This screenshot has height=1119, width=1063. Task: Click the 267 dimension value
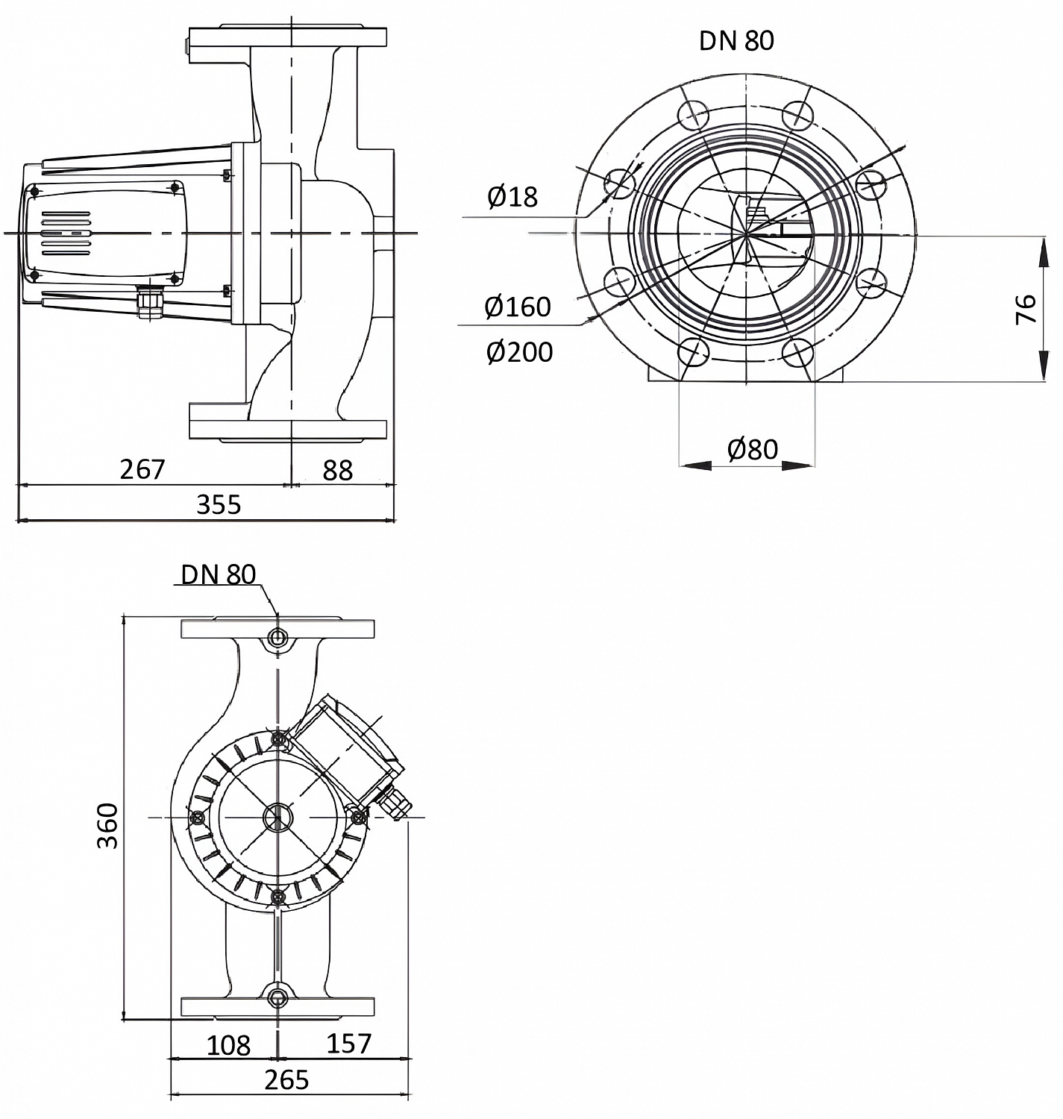142,469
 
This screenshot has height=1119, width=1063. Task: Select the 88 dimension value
337,470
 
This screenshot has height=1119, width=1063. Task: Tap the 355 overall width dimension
219,505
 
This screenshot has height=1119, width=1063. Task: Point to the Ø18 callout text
512,197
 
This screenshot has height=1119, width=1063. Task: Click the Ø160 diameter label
518,307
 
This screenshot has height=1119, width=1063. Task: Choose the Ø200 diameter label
519,352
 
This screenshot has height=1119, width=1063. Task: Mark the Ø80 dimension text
752,449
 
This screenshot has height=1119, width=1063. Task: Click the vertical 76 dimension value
1027,308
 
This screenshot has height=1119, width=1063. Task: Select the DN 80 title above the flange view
736,40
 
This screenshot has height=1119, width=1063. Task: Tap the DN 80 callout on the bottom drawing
218,574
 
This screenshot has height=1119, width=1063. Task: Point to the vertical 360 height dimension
109,825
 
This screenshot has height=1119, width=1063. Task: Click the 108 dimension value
228,1045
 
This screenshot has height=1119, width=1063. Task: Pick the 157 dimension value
348,1043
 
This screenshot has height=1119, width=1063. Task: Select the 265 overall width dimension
286,1079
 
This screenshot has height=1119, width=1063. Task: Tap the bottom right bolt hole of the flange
799,353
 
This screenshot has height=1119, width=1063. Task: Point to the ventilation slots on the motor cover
66,233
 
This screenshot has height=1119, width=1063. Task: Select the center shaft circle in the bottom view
277,817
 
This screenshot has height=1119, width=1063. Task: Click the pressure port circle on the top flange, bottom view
277,637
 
